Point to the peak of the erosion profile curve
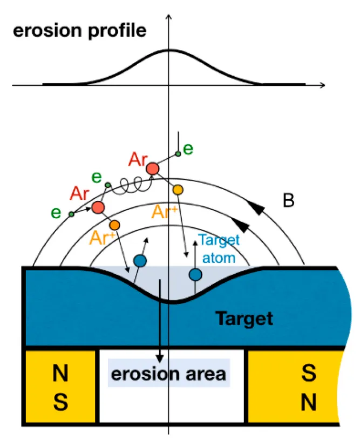[x=169, y=50]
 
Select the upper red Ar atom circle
[x=152, y=168]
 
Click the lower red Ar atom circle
[x=98, y=207]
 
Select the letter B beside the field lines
[x=289, y=201]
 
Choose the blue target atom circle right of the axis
[x=195, y=274]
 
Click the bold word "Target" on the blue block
[x=244, y=319]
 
